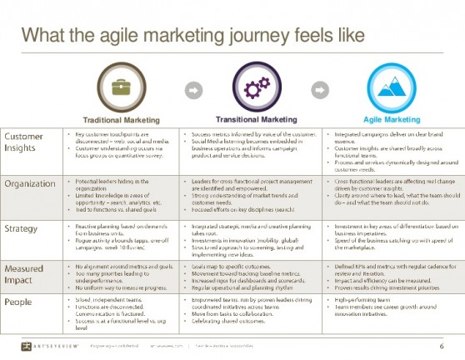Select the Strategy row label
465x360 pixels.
(x=21, y=227)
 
